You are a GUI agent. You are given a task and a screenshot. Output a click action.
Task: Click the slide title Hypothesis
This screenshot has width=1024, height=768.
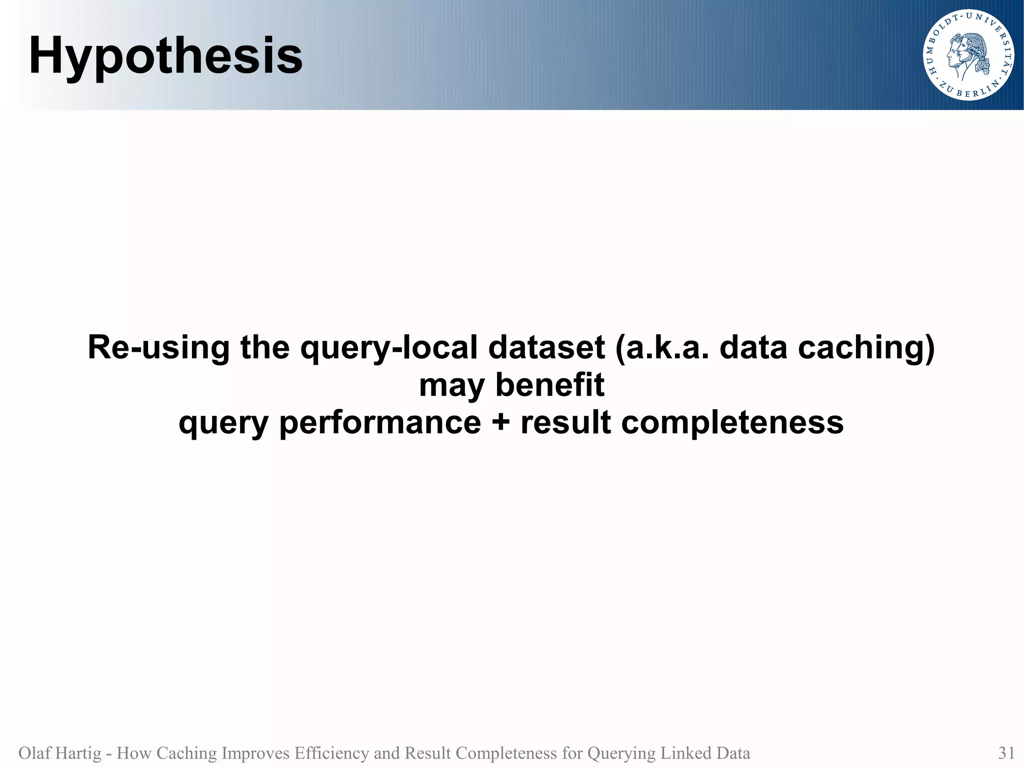pos(165,56)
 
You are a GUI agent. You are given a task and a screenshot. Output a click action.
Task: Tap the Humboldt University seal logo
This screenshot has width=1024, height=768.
pos(968,55)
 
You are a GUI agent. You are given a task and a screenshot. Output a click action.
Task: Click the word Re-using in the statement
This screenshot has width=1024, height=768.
pos(158,347)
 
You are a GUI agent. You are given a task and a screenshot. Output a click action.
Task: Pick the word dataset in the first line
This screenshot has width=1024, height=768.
pos(546,347)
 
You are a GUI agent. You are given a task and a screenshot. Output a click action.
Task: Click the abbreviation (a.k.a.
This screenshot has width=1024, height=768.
pos(662,347)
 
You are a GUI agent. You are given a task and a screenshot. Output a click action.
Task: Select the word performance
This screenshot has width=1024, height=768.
pos(379,423)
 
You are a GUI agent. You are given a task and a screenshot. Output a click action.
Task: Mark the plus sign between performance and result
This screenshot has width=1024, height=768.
pos(500,423)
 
